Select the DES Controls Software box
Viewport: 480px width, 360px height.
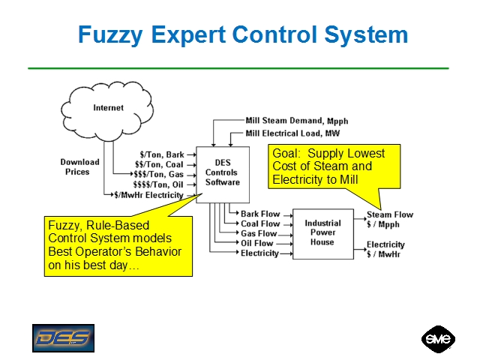click(x=222, y=172)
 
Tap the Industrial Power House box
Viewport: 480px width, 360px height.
click(x=322, y=233)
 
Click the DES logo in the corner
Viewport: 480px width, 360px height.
click(x=64, y=338)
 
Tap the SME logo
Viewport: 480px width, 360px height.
click(x=437, y=337)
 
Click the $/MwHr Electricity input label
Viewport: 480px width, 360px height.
click(x=148, y=195)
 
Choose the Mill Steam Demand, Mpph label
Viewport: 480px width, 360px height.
click(x=297, y=121)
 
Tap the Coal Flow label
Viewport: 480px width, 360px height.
click(x=260, y=223)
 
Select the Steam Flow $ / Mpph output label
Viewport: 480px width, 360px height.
click(x=389, y=219)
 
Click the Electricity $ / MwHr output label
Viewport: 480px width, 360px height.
click(x=385, y=249)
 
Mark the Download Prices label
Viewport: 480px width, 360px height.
click(x=79, y=166)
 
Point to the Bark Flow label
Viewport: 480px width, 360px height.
click(x=260, y=214)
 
